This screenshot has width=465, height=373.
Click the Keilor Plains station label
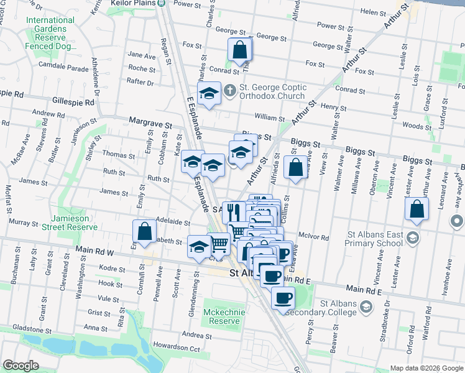point(132,3)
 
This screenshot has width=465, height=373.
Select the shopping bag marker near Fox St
point(239,49)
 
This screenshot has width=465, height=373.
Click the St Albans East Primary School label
point(371,242)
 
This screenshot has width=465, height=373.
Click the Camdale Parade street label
point(63,65)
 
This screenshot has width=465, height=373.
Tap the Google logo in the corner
point(21,366)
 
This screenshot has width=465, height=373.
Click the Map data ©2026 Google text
point(426,368)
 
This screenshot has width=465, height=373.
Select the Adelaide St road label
point(172,221)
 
